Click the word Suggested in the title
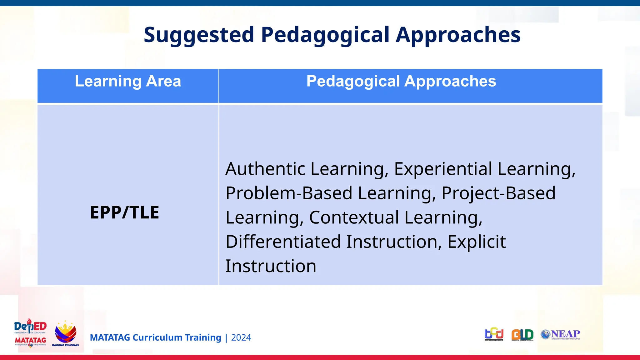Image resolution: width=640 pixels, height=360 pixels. [x=199, y=35]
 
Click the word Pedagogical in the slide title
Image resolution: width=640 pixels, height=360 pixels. [x=325, y=35]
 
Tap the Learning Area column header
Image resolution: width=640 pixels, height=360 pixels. [x=128, y=81]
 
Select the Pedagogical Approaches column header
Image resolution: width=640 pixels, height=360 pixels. [x=401, y=81]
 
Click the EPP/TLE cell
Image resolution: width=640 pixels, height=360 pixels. [x=124, y=212]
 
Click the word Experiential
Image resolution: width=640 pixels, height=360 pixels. [x=442, y=169]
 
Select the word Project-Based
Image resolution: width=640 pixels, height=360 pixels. [x=498, y=193]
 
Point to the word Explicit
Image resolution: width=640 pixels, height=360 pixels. [x=476, y=242]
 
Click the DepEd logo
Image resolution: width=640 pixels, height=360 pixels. [x=30, y=326]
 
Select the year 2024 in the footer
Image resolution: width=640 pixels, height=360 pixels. [x=241, y=338]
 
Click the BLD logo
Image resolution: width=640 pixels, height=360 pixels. [x=522, y=335]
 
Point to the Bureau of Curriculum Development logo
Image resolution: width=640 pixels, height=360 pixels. [x=494, y=334]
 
